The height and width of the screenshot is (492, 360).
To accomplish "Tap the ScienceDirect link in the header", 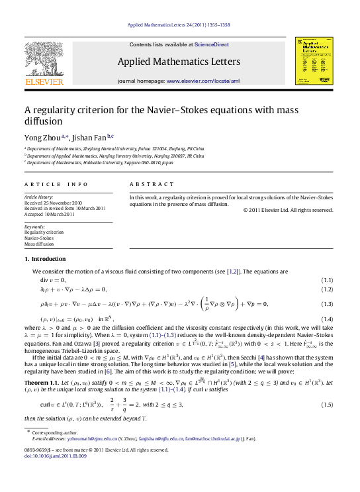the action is (212, 44).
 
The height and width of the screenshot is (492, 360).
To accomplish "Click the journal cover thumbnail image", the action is (314, 60).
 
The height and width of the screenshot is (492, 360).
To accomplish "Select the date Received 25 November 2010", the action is (53, 202).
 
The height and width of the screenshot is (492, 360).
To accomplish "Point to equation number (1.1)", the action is (326, 280).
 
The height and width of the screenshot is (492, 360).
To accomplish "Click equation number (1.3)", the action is (326, 303).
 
